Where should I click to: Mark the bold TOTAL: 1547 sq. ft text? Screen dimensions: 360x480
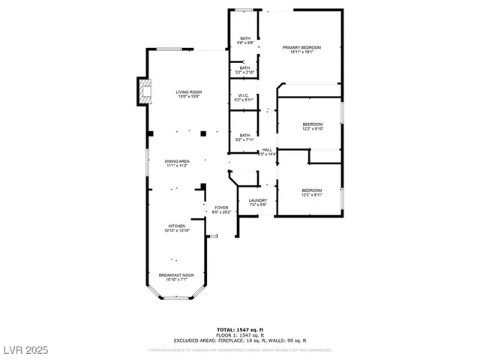click(x=239, y=329)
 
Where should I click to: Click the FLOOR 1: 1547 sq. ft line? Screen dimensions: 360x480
click(x=239, y=334)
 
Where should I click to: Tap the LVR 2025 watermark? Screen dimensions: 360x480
click(x=25, y=350)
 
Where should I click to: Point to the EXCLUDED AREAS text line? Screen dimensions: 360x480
click(x=239, y=340)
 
